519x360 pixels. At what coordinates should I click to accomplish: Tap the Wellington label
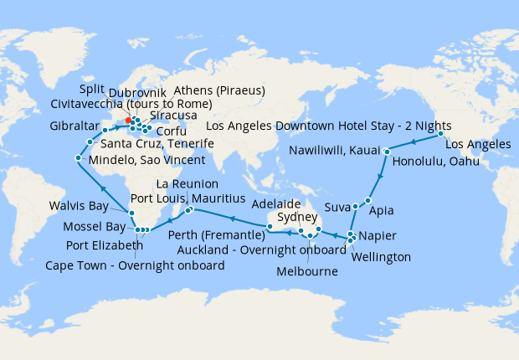[382, 257]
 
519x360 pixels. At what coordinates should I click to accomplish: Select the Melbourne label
[309, 272]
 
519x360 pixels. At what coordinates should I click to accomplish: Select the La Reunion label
[188, 183]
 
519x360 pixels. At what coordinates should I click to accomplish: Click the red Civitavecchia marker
[127, 120]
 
